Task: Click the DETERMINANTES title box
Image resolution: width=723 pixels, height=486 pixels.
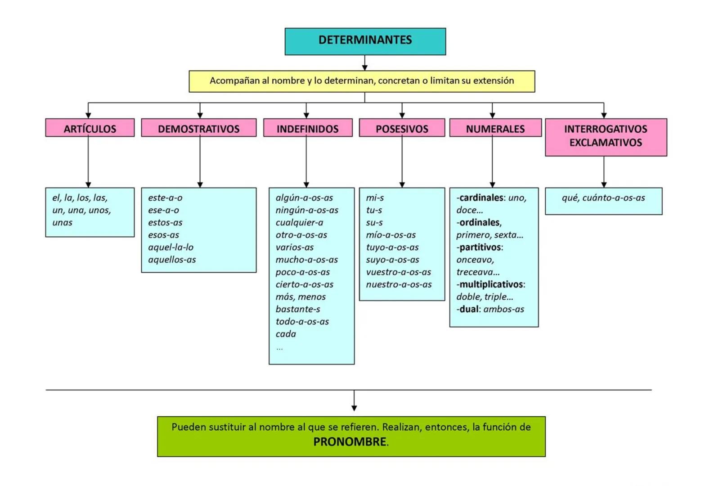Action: pyautogui.click(x=365, y=41)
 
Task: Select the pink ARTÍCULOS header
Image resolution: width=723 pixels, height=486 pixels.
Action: pyautogui.click(x=90, y=128)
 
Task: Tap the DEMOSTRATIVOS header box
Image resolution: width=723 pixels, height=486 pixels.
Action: pyautogui.click(x=198, y=128)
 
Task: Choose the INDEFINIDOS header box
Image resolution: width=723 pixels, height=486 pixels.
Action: pyautogui.click(x=307, y=128)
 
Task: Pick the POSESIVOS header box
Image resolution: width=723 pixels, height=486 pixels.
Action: pyautogui.click(x=402, y=128)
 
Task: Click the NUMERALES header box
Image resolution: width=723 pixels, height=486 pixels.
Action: pyautogui.click(x=495, y=128)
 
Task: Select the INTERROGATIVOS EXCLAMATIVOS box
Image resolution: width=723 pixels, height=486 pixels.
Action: pyautogui.click(x=606, y=137)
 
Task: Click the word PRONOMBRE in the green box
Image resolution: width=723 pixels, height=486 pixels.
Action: pyautogui.click(x=350, y=442)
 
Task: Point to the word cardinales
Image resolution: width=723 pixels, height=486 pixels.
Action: pyautogui.click(x=481, y=198)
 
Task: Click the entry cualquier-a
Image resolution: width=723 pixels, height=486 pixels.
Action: pyautogui.click(x=299, y=223)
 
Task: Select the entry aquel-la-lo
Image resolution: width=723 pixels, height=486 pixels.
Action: pyautogui.click(x=171, y=247)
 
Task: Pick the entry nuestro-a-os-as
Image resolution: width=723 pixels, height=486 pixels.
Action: pyautogui.click(x=399, y=284)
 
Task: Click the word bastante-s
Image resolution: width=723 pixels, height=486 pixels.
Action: pyautogui.click(x=297, y=309)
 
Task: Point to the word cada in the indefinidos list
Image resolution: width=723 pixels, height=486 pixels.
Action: pyautogui.click(x=286, y=334)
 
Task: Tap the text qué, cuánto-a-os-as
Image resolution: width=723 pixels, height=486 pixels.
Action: pyautogui.click(x=603, y=198)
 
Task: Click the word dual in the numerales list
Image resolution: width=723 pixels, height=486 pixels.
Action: pyautogui.click(x=468, y=309)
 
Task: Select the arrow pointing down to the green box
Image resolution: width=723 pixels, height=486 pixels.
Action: pyautogui.click(x=354, y=402)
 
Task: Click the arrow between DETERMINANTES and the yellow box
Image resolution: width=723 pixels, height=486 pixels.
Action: pyautogui.click(x=365, y=63)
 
